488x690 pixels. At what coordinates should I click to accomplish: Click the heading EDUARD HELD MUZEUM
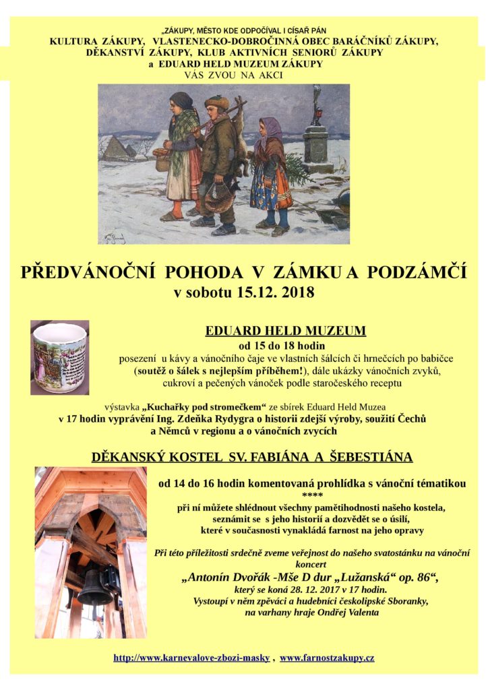[285, 331]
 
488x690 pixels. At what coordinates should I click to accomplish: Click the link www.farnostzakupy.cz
[327, 657]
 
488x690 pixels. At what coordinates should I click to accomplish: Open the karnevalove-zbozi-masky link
[191, 657]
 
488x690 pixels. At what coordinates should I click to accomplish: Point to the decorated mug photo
[59, 356]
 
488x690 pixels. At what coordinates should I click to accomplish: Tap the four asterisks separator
[312, 495]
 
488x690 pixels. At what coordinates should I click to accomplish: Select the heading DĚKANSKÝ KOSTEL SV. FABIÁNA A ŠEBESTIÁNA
[251, 458]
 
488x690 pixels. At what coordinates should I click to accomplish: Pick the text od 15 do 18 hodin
[285, 346]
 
